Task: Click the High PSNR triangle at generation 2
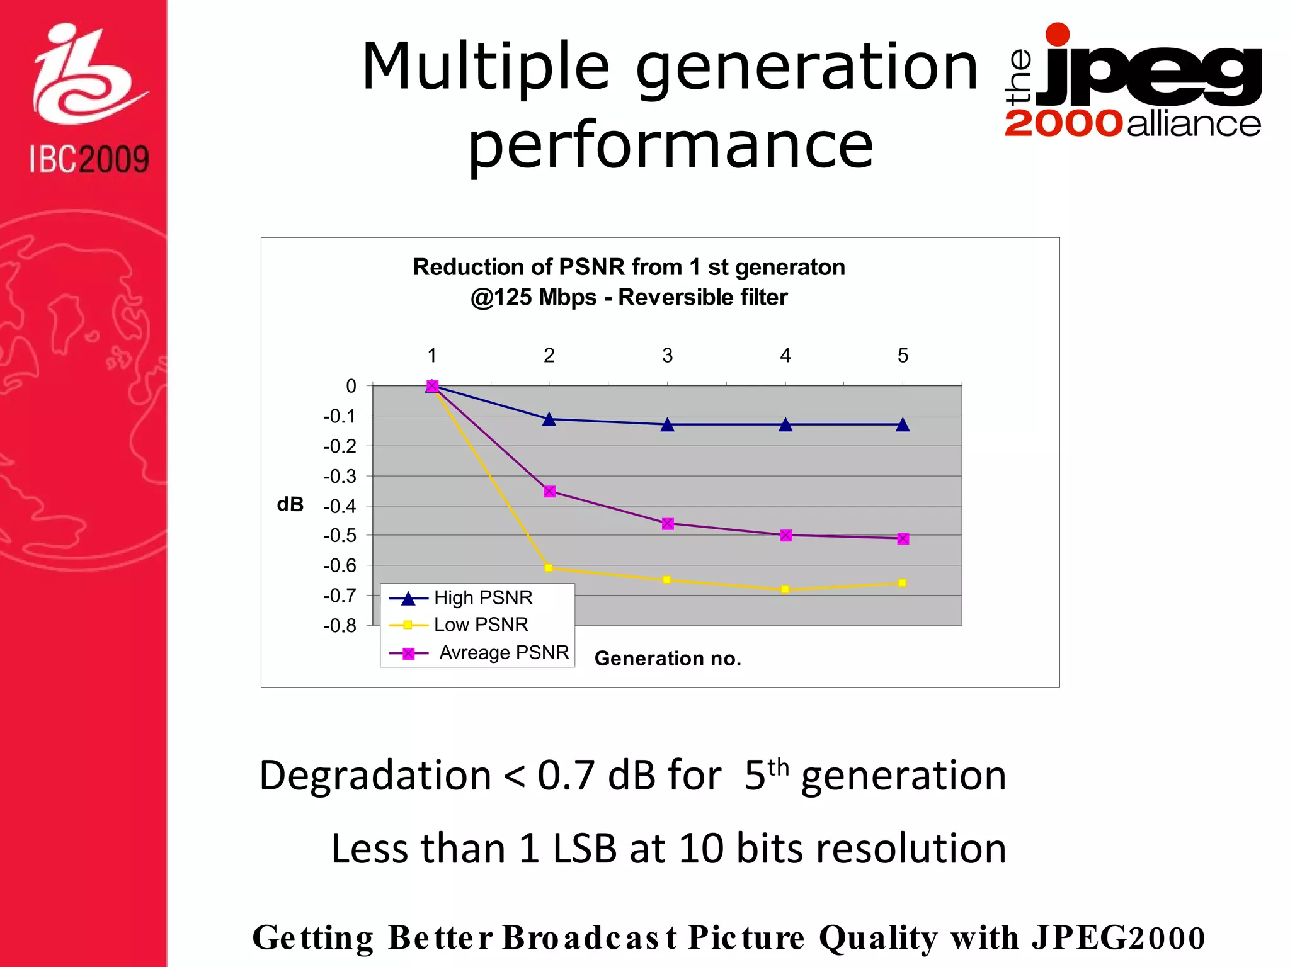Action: click(x=549, y=419)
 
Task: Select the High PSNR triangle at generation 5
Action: click(x=903, y=425)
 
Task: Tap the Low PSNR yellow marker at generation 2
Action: click(x=549, y=568)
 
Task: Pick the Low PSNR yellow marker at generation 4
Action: click(x=785, y=590)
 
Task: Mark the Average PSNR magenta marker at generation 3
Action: click(x=668, y=524)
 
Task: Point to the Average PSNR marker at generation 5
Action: click(x=903, y=539)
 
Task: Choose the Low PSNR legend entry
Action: click(x=481, y=625)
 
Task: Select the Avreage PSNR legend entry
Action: click(x=504, y=652)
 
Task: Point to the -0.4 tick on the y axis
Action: click(x=340, y=506)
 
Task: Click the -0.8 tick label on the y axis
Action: click(x=340, y=626)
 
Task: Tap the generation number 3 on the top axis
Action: click(x=667, y=356)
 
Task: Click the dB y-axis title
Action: click(x=290, y=504)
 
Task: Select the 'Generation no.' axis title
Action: click(x=668, y=659)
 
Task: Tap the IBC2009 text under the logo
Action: click(x=89, y=159)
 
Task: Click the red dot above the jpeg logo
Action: click(x=1058, y=34)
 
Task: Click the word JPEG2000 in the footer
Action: click(x=1118, y=937)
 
